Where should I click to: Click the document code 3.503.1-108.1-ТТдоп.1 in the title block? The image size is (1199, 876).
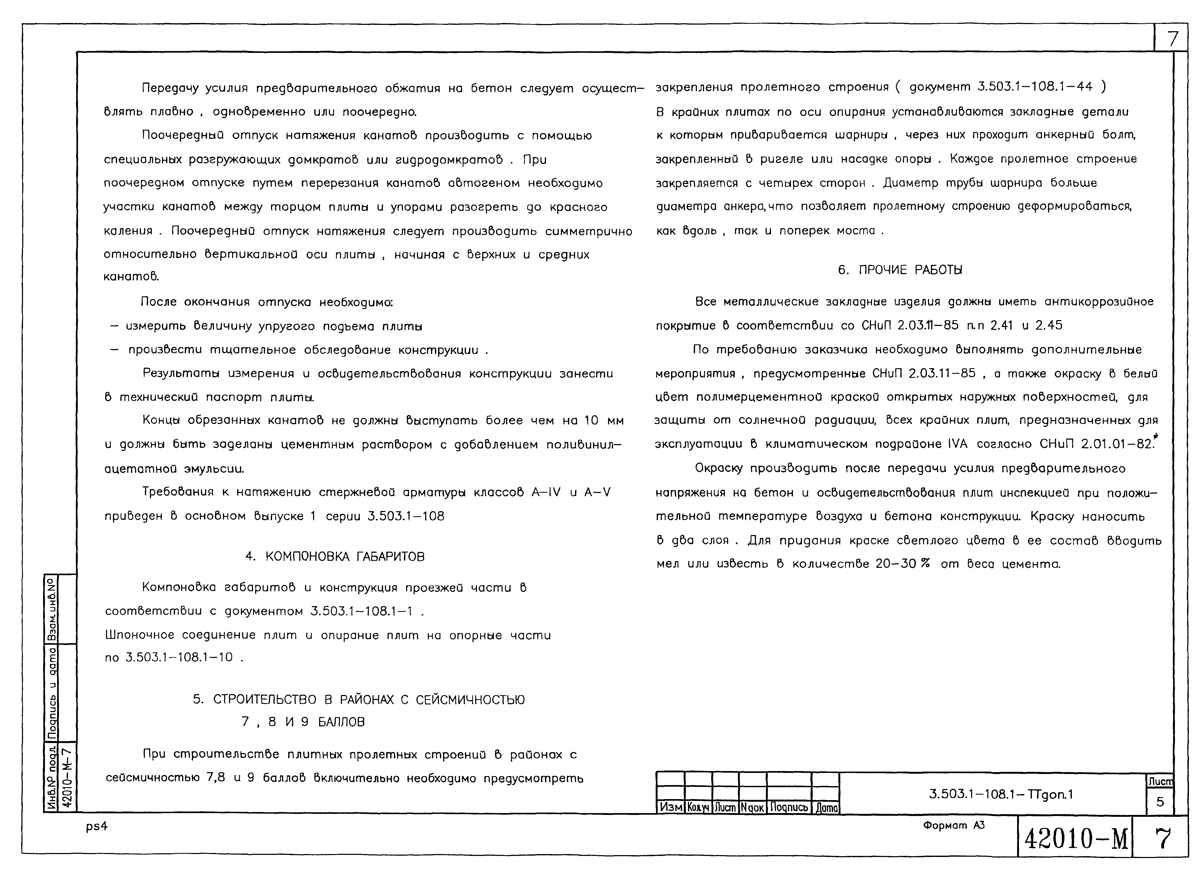tap(1001, 794)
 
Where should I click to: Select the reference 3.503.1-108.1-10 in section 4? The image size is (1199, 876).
tap(179, 658)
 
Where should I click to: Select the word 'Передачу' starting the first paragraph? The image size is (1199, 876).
tap(169, 88)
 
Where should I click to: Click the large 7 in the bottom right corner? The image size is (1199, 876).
tap(1163, 839)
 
